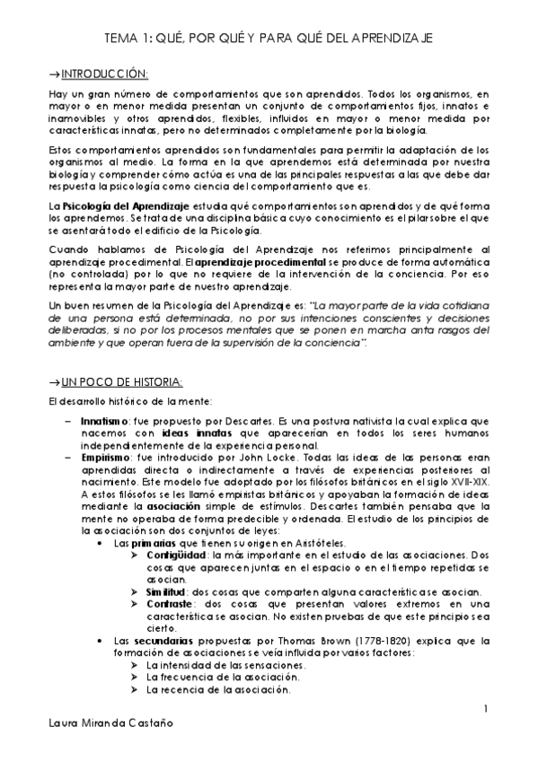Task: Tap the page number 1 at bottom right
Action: click(x=486, y=710)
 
